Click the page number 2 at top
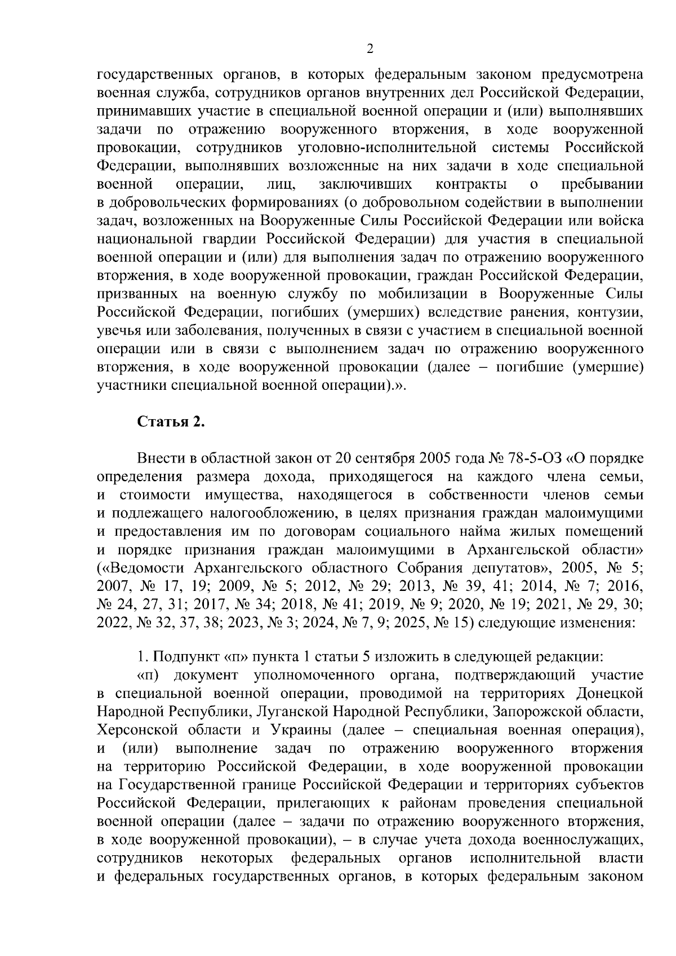370,49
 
